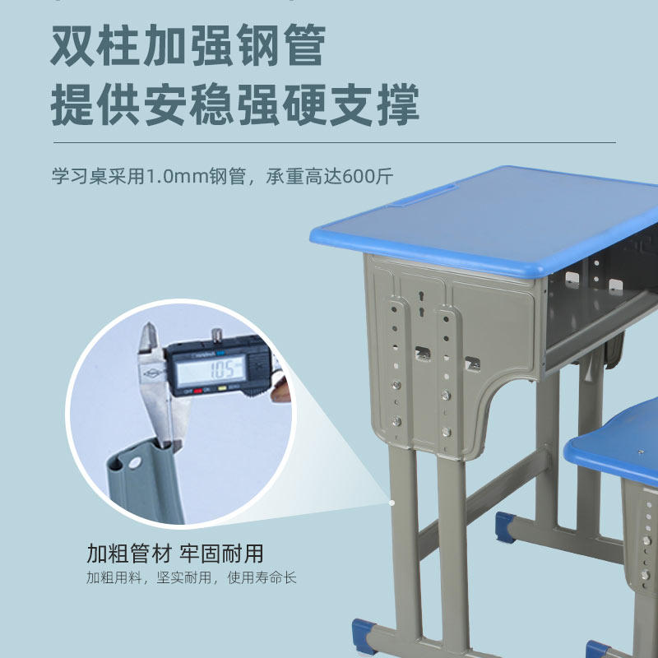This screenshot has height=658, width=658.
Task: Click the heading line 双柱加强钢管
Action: [x=188, y=45]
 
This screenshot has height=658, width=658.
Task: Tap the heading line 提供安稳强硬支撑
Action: [x=235, y=104]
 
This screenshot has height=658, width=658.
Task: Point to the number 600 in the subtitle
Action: [x=359, y=176]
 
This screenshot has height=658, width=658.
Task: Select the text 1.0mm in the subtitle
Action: [x=177, y=176]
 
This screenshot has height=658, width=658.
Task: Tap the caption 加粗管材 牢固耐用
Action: [x=175, y=553]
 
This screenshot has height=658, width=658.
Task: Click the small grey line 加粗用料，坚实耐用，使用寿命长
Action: [x=192, y=577]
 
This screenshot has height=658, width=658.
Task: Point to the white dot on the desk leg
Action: [x=392, y=503]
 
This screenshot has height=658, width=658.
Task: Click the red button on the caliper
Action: [x=197, y=390]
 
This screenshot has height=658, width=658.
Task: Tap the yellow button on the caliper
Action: [x=222, y=388]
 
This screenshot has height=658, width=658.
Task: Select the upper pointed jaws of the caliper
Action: [x=148, y=337]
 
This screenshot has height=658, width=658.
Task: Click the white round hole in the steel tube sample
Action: [x=135, y=462]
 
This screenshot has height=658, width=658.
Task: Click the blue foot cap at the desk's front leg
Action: [x=363, y=636]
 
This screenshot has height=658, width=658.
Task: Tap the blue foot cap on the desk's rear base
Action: [x=505, y=527]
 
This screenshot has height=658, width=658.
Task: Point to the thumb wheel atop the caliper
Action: [x=216, y=336]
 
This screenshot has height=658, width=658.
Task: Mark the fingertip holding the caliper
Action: [x=281, y=390]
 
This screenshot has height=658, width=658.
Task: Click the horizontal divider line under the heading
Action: [x=335, y=142]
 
